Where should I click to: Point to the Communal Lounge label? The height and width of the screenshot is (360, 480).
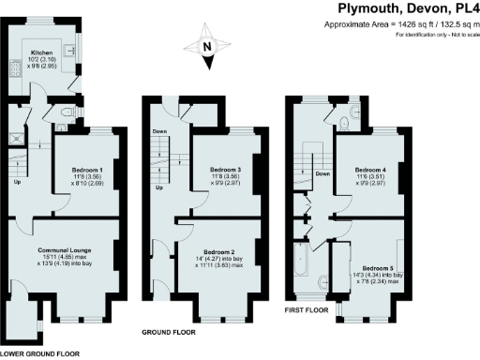pyautogui.click(x=64, y=250)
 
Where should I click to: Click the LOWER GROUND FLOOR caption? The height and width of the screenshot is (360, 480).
pyautogui.click(x=38, y=353)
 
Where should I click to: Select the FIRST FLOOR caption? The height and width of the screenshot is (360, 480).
pyautogui.click(x=307, y=308)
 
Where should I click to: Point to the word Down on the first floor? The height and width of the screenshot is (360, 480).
pyautogui.click(x=322, y=173)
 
